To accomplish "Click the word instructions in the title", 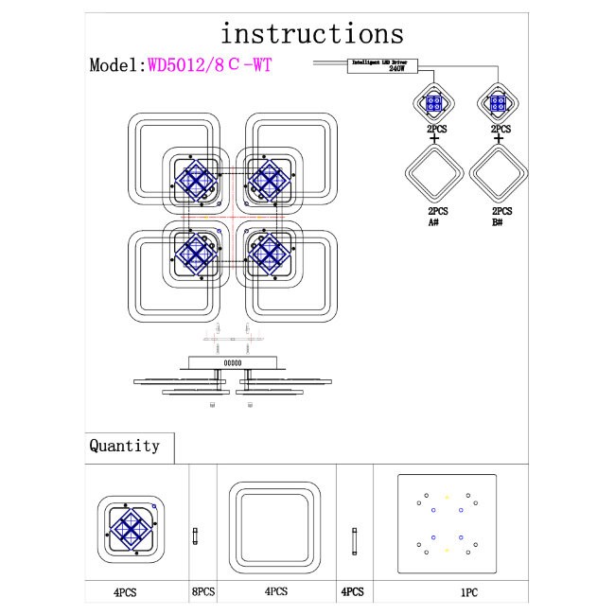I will click(312, 33).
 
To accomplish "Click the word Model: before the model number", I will click(116, 65).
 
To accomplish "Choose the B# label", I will click(502, 223).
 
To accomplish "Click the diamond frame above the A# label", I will click(434, 174).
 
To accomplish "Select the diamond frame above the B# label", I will click(501, 174).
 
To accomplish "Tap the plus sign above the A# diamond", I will click(434, 139).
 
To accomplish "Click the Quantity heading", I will click(124, 446).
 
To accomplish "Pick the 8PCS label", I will click(202, 591).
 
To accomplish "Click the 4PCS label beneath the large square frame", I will click(276, 591).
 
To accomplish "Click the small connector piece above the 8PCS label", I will click(195, 536).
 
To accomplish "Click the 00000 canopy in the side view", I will click(232, 360).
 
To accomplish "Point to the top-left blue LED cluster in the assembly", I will click(195, 180).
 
